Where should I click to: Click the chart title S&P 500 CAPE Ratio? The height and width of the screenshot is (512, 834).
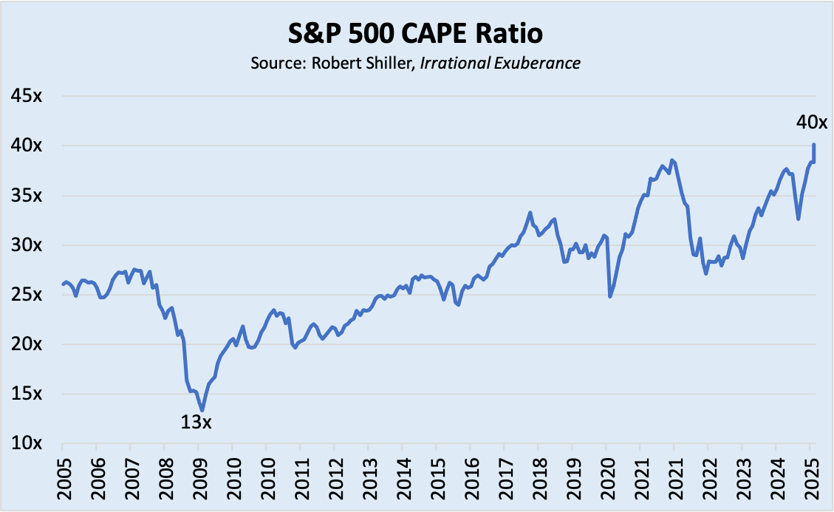tap(416, 35)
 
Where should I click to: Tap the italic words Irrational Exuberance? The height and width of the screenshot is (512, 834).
tap(499, 63)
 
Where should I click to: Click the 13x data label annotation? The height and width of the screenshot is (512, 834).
tap(196, 423)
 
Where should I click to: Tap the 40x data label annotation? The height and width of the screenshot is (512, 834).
tap(811, 123)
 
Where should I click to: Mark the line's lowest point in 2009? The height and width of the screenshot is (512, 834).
tap(202, 410)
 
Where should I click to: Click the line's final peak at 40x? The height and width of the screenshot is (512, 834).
tap(813, 145)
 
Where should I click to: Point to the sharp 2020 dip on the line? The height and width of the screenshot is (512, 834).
tap(610, 296)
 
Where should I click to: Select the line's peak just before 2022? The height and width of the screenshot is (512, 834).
tap(671, 160)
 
